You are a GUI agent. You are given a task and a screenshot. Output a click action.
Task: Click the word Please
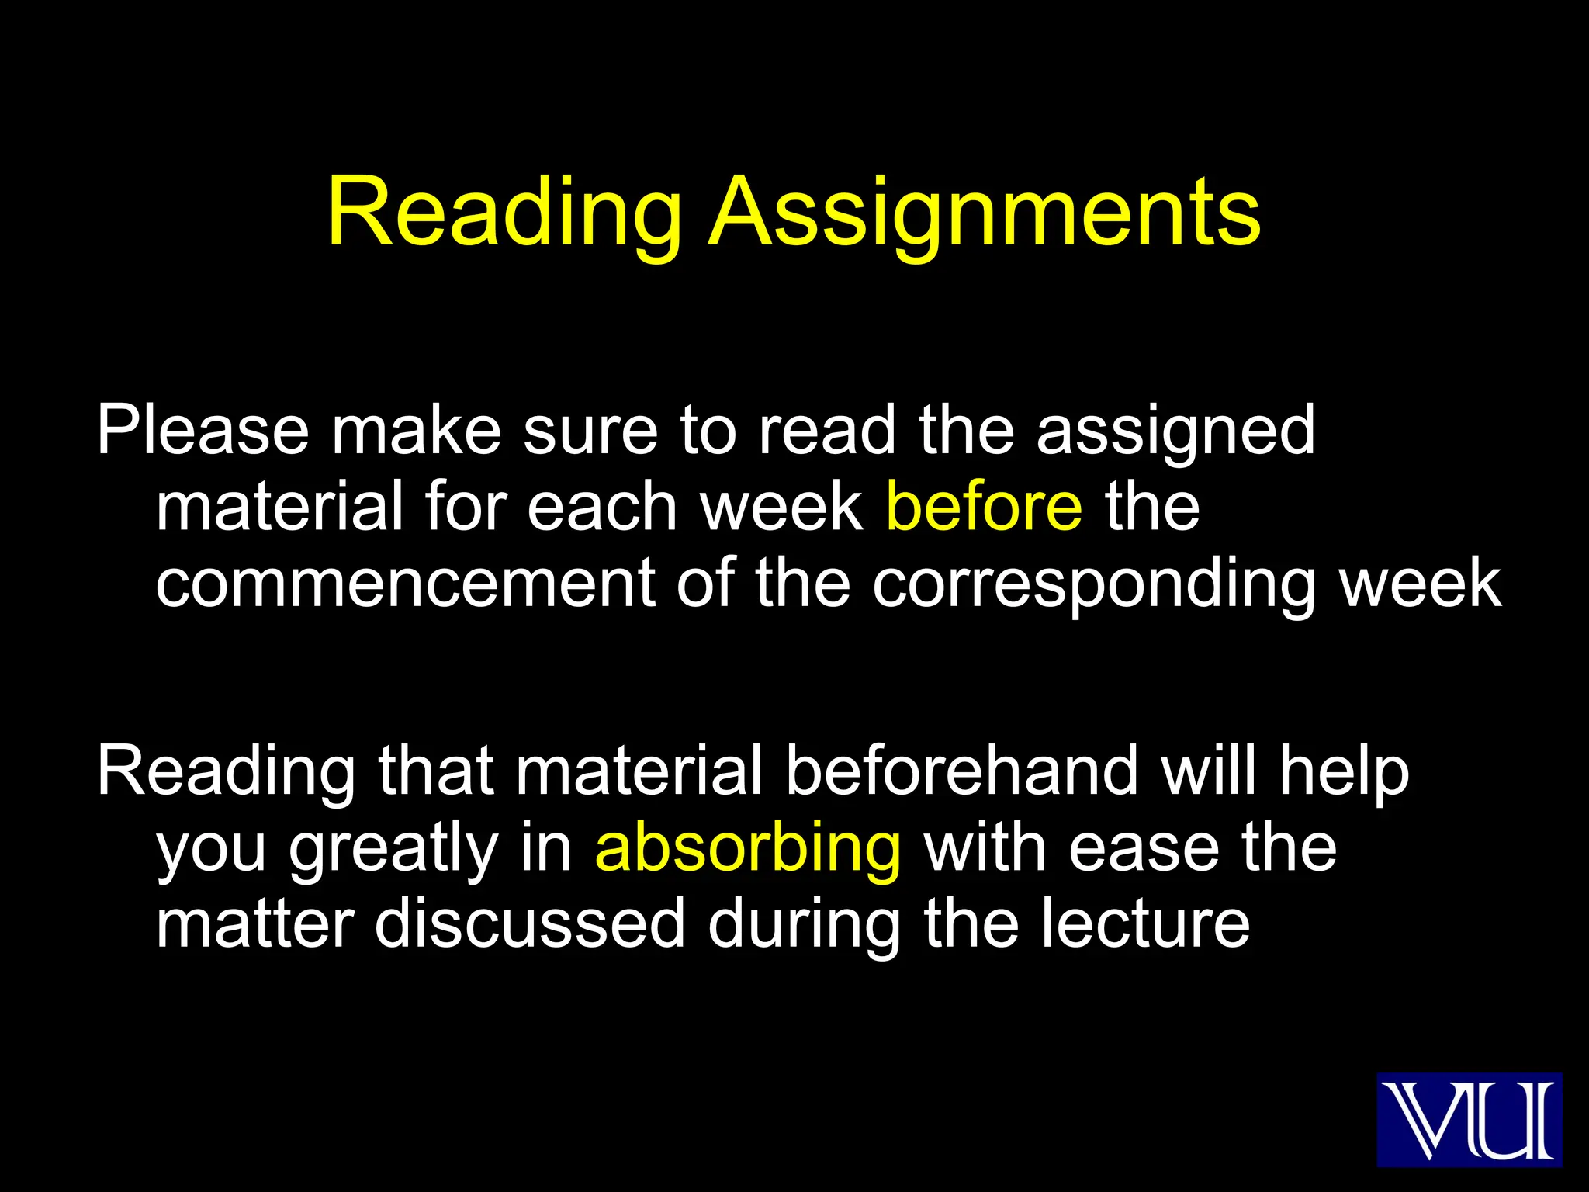(203, 430)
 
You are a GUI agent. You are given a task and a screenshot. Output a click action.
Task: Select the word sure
(590, 431)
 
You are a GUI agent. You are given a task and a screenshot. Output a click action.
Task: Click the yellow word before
(984, 506)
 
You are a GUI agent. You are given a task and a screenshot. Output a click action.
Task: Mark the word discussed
(530, 923)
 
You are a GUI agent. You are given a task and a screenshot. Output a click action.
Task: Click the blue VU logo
(1469, 1119)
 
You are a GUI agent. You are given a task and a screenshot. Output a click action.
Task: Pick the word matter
(255, 923)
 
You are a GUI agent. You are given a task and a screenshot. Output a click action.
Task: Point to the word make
(416, 430)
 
